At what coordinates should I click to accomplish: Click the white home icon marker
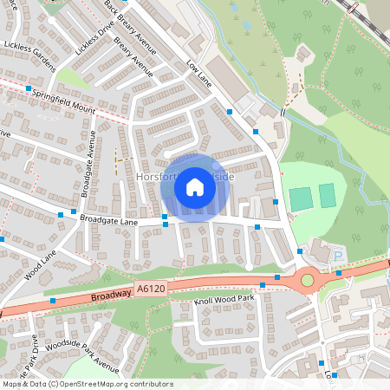click(195, 186)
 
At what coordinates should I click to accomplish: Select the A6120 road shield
click(149, 286)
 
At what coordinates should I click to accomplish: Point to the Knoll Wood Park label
click(224, 299)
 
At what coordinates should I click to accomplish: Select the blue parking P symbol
click(339, 256)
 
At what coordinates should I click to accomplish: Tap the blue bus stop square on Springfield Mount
click(29, 89)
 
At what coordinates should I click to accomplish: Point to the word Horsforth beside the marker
click(156, 177)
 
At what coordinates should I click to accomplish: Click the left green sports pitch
click(301, 198)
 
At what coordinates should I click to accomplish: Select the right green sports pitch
click(327, 196)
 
